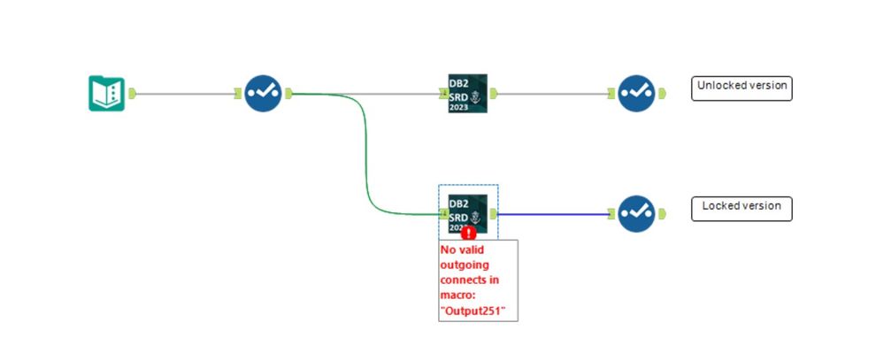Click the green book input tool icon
pyautogui.click(x=107, y=93)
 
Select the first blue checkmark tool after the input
pyautogui.click(x=262, y=93)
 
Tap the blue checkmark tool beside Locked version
pyautogui.click(x=636, y=213)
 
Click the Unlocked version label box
pyautogui.click(x=742, y=88)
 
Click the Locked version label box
pyautogui.click(x=742, y=208)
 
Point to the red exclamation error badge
pyautogui.click(x=469, y=234)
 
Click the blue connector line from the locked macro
pyautogui.click(x=553, y=213)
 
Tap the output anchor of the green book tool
pyautogui.click(x=132, y=93)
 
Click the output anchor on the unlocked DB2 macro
pyautogui.click(x=494, y=93)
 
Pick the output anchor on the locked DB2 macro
pyautogui.click(x=494, y=213)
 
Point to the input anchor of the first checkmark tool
pyautogui.click(x=238, y=93)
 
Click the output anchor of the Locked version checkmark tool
pyautogui.click(x=661, y=213)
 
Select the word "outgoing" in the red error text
pyautogui.click(x=465, y=264)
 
